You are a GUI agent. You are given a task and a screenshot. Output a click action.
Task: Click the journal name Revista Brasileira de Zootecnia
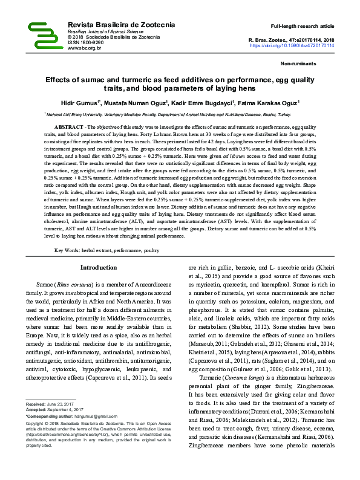121,25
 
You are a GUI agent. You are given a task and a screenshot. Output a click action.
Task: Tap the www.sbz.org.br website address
85,48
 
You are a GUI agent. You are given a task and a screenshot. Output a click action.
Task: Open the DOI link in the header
292,45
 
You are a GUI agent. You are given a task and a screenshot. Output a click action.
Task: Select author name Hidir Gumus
83,103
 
